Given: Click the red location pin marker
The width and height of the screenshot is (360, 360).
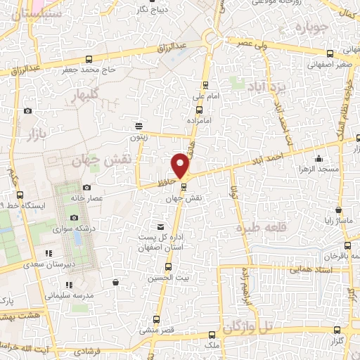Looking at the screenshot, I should [181, 166].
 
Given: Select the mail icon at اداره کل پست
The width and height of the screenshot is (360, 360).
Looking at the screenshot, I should [161, 227].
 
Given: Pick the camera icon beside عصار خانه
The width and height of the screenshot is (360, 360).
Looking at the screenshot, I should [86, 187].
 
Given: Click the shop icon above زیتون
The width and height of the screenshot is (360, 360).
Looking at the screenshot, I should [139, 127].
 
